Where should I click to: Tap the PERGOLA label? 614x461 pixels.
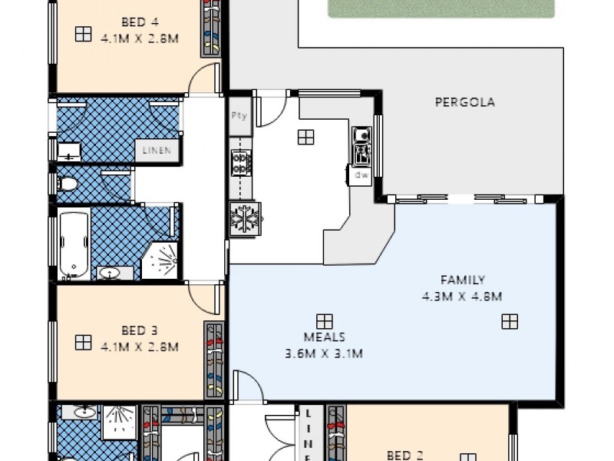464,101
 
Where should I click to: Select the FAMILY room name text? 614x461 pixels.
462,280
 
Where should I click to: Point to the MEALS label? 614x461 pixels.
324,337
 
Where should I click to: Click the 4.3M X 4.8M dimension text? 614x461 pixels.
461,296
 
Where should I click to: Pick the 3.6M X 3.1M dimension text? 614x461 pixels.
323,353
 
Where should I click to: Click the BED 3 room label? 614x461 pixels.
139,331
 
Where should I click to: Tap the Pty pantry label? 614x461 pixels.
239,115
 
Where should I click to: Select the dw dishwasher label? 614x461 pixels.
361,175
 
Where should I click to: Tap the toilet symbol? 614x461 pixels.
68,184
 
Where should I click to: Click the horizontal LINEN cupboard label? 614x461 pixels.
159,151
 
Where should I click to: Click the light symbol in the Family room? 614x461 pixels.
510,321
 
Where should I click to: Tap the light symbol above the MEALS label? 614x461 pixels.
324,320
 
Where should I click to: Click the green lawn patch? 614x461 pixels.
441,8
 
